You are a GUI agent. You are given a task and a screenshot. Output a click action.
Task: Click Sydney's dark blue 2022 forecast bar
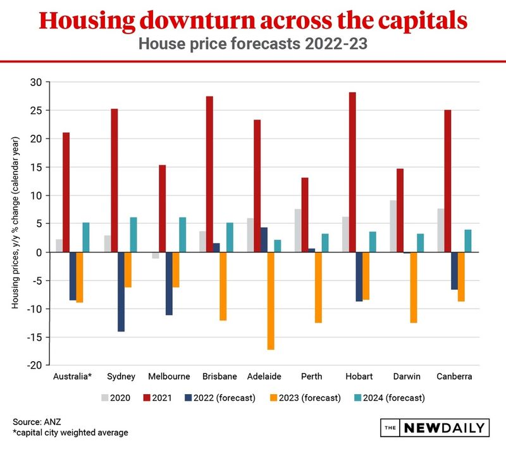(x=121, y=292)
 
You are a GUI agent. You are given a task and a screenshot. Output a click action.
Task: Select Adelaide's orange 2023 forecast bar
(x=271, y=301)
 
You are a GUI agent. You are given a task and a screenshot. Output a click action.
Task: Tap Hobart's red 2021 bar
(x=352, y=172)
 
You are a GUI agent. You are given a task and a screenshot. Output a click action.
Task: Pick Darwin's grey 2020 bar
(x=393, y=226)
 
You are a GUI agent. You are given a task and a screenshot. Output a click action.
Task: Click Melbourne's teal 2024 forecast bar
(x=183, y=235)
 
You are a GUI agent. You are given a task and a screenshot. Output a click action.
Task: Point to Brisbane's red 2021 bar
(x=209, y=174)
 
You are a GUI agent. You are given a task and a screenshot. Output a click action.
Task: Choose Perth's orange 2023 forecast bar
(x=318, y=287)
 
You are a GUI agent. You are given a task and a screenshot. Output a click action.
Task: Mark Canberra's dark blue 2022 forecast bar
(x=454, y=271)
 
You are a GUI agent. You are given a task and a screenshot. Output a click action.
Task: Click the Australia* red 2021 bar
(x=66, y=192)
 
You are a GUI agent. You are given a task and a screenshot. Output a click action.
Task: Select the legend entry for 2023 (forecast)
(x=305, y=398)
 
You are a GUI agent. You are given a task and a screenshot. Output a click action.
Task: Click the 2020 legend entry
(x=116, y=398)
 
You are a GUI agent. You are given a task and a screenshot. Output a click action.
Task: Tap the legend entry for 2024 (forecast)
(x=390, y=398)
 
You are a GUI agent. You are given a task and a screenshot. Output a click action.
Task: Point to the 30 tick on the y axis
(x=36, y=82)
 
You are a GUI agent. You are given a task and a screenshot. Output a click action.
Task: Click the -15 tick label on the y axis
(x=35, y=337)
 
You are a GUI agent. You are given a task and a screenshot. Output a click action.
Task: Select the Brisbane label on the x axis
(x=219, y=376)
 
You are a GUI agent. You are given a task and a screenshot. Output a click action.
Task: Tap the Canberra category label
(x=454, y=376)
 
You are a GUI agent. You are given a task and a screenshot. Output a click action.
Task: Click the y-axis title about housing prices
(x=15, y=223)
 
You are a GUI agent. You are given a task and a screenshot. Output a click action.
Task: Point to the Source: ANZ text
(x=37, y=422)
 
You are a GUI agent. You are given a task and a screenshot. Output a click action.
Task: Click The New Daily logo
(x=435, y=428)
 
